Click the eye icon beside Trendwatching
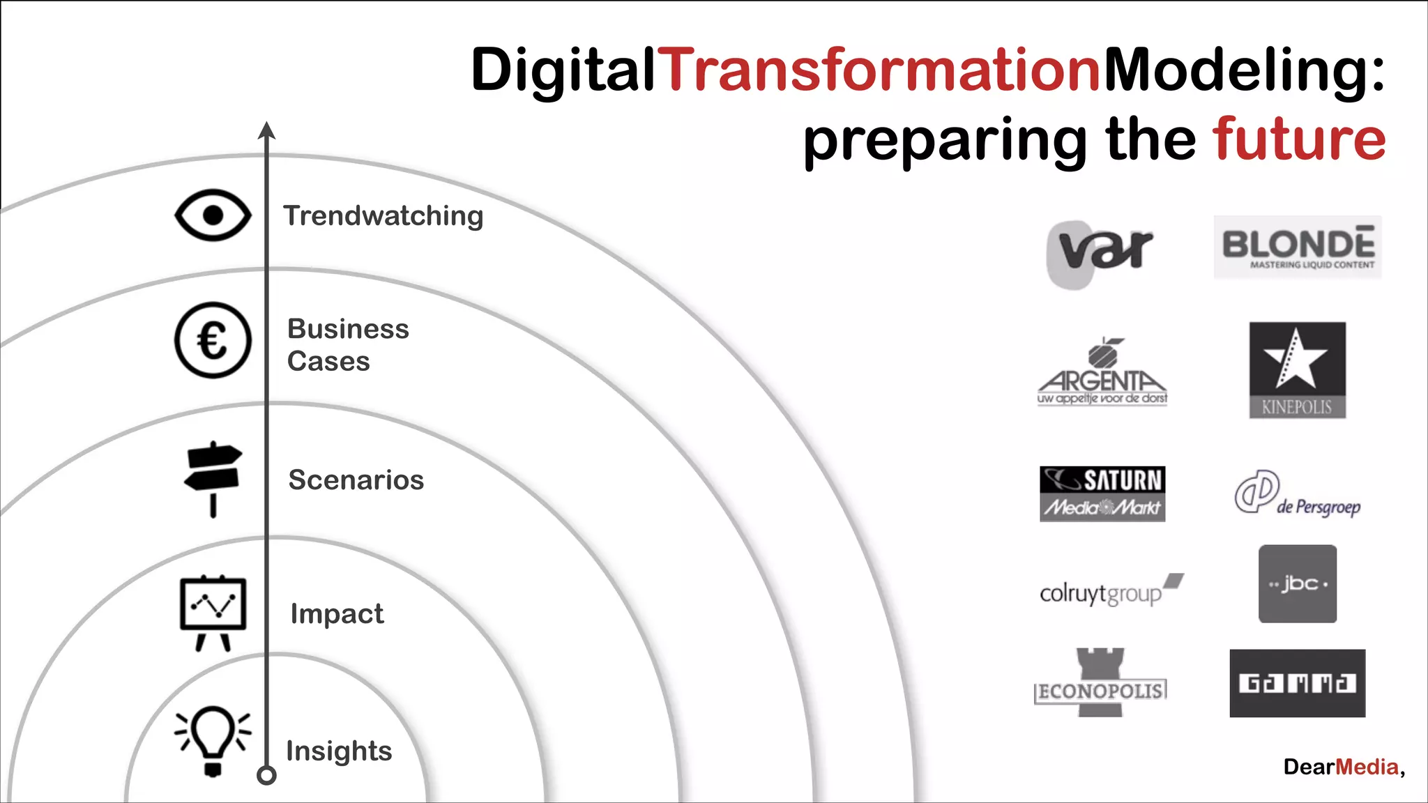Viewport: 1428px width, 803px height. point(213,215)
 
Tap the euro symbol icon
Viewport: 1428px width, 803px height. point(213,341)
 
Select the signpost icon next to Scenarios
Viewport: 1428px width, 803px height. point(213,478)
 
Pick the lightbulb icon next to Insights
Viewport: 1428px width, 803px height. point(213,740)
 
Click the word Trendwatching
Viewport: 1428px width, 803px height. point(383,216)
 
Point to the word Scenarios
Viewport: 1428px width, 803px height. point(356,480)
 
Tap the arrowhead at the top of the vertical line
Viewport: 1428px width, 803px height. point(266,130)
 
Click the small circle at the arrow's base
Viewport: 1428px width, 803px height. point(266,775)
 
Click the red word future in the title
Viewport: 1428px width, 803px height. point(1299,139)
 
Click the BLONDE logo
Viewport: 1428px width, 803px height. point(1298,247)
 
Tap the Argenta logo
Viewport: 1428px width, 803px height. point(1102,373)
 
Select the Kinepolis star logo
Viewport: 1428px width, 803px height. point(1297,369)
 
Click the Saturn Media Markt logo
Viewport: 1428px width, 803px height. point(1102,494)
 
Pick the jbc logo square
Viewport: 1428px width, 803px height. point(1297,584)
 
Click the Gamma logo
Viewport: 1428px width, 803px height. point(1297,683)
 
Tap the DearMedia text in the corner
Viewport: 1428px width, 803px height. point(1343,767)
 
